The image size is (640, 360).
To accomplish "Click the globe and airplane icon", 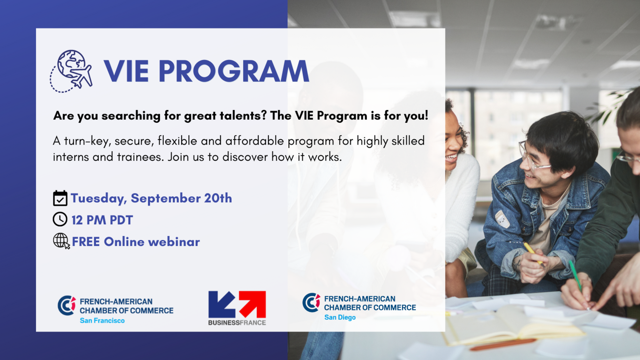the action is click(x=71, y=71).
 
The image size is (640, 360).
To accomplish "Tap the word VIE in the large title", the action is click(x=126, y=71).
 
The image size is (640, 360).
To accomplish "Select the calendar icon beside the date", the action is click(x=60, y=198).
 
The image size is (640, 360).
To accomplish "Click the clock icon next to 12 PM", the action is click(x=60, y=220).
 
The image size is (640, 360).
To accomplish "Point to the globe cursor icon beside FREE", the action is click(x=61, y=241).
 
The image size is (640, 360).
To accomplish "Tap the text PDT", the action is click(x=121, y=220).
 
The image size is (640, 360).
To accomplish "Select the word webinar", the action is click(x=174, y=242).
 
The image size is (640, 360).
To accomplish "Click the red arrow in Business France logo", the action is click(x=252, y=304).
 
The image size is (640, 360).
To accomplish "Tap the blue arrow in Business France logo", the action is click(x=222, y=304).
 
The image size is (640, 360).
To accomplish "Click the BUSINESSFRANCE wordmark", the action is click(x=237, y=322).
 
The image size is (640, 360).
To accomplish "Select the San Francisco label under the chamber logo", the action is click(x=102, y=320).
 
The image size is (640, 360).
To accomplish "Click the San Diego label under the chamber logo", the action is click(x=340, y=317).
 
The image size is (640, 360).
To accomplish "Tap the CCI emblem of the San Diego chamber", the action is click(x=311, y=302).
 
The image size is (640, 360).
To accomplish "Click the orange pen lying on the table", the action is click(x=503, y=345).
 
